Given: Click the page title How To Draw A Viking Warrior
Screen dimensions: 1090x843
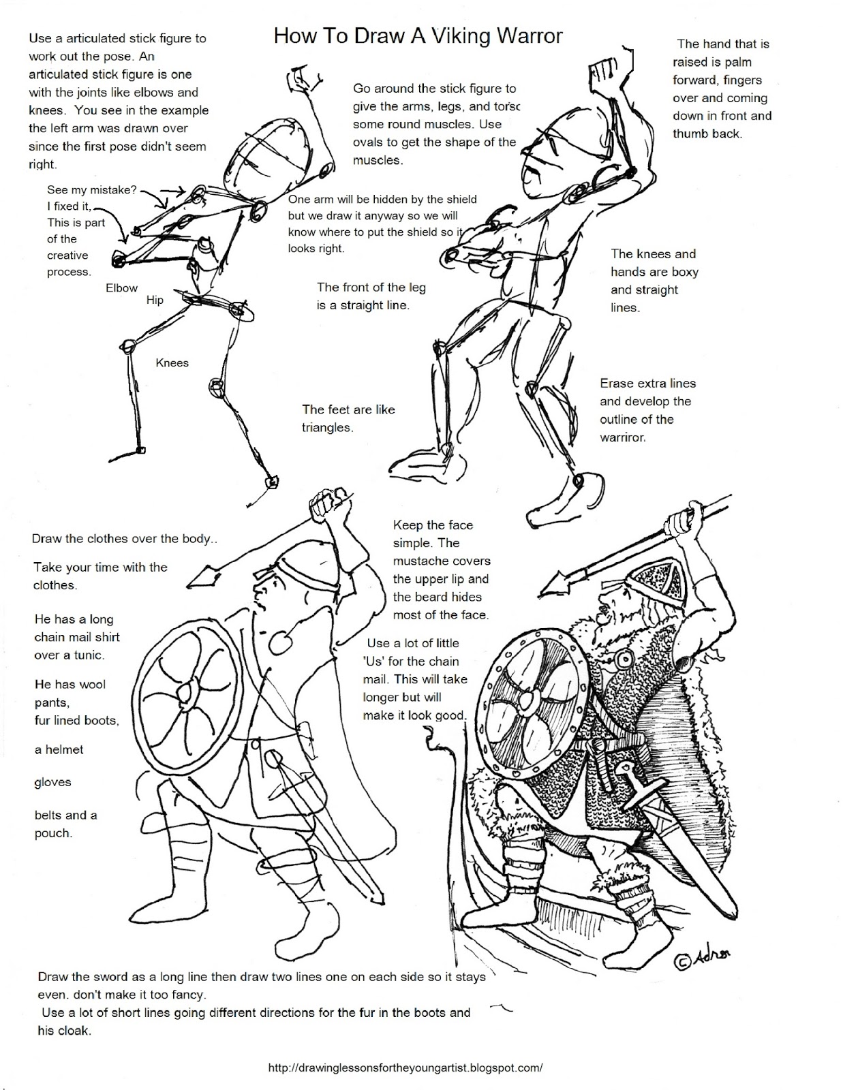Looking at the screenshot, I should click(x=418, y=35).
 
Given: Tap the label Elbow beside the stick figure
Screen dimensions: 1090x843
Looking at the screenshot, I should click(x=121, y=288).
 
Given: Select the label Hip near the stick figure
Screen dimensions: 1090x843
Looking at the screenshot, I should click(x=155, y=300).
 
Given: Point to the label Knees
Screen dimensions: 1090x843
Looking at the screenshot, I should click(x=172, y=363).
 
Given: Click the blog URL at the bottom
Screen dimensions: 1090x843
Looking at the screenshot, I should click(x=405, y=1068).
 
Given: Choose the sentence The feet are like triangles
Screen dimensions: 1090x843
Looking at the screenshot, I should click(x=348, y=418).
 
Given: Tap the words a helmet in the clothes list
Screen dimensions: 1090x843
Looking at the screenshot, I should click(x=59, y=749).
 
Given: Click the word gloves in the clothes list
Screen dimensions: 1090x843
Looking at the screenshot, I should click(x=52, y=782).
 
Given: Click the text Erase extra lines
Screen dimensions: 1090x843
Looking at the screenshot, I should click(x=647, y=384).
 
